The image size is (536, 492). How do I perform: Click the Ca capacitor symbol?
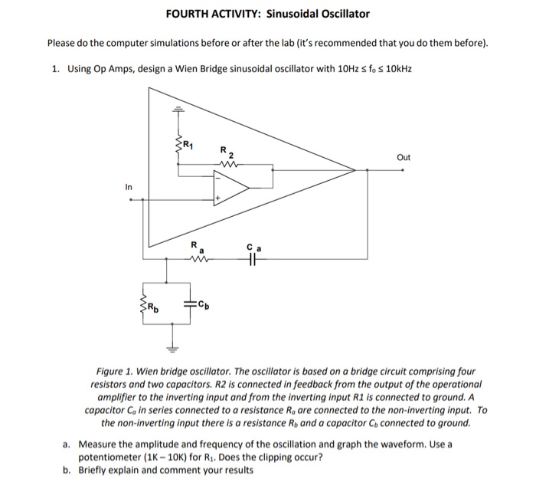pos(253,260)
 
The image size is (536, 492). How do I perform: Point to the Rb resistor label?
pos(153,310)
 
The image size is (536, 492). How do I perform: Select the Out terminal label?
pos(404,157)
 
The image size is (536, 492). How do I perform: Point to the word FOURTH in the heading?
pos(186,14)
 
